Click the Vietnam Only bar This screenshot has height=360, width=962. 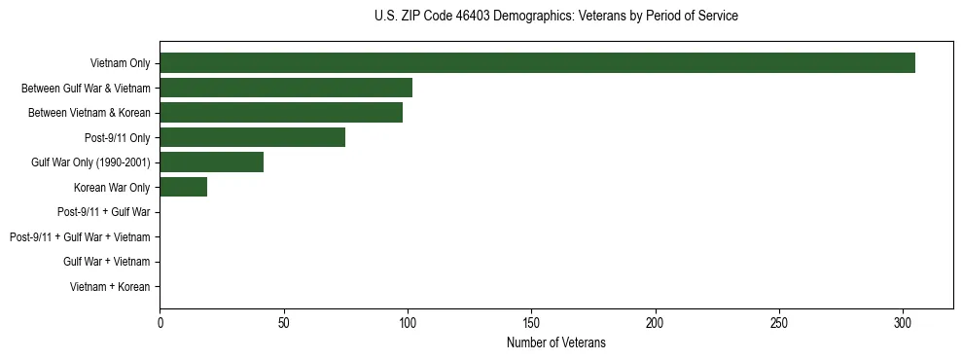[537, 63]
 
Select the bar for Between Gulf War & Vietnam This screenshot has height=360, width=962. [286, 88]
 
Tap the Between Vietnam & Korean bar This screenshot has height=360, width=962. [281, 113]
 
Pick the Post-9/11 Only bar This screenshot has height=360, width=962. [252, 137]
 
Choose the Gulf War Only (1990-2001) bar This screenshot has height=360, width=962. [211, 162]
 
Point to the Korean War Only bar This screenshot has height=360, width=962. [183, 187]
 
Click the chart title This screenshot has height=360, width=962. [555, 17]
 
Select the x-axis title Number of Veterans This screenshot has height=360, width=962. [555, 342]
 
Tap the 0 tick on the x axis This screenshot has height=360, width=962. [160, 322]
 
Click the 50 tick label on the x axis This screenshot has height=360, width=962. [283, 322]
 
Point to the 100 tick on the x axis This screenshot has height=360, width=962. [408, 322]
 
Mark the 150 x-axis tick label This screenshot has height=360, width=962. [531, 322]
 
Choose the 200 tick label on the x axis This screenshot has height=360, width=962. [656, 322]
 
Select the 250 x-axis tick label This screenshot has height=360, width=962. [779, 322]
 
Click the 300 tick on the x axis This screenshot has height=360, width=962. [903, 322]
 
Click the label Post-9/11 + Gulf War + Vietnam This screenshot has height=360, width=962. [80, 237]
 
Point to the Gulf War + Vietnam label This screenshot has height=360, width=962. [106, 262]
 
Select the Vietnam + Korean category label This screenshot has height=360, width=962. [110, 287]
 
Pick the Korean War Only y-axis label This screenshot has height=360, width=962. [112, 188]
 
